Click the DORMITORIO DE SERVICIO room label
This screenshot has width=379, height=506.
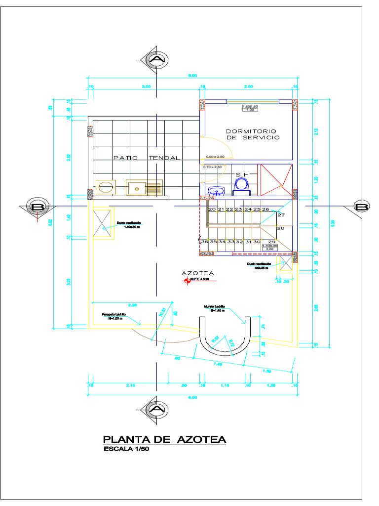pos(252,134)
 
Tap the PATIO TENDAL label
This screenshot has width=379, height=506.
pos(147,158)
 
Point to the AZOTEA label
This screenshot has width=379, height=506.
pos(197,273)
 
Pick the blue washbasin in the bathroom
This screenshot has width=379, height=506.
pos(216,191)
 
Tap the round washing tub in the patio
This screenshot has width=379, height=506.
pos(106,187)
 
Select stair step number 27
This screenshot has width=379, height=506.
pos(281,215)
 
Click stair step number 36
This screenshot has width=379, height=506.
pos(205,242)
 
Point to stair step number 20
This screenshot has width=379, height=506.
pos(212,210)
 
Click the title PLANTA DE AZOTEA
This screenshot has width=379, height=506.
pos(164,439)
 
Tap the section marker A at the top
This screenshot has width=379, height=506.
pos(157,60)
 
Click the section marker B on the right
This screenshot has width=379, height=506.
pos(362,207)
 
